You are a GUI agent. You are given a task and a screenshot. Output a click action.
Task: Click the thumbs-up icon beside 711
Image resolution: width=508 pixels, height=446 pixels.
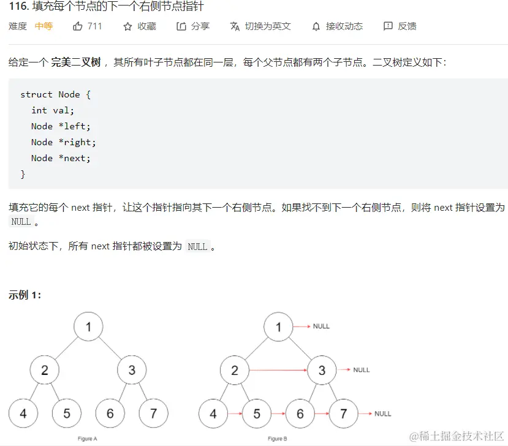pos(78,26)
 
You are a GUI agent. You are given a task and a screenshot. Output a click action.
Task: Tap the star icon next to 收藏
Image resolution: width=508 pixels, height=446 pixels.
pos(127,26)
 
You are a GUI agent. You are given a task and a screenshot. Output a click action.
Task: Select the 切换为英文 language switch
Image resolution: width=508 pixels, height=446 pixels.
pos(260,26)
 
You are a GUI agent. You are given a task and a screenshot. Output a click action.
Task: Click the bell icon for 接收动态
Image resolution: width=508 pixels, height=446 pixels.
pos(316,26)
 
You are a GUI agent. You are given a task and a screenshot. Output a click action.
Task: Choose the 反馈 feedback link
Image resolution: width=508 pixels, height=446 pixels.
pos(400,26)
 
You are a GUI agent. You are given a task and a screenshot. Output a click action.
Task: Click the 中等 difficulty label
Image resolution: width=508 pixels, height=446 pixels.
pos(44,26)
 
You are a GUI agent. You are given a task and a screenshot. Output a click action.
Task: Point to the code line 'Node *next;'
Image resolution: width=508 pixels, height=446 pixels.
pos(61,158)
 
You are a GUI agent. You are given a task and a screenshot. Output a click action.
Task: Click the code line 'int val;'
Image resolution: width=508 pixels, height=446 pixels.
pos(53,110)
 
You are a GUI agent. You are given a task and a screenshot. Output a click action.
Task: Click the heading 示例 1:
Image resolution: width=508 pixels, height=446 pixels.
pos(25,295)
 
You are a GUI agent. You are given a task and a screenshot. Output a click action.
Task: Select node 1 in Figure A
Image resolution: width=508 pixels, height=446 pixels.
pos(89,327)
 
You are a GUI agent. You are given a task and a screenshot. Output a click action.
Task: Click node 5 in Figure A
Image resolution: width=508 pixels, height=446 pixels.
pos(67,414)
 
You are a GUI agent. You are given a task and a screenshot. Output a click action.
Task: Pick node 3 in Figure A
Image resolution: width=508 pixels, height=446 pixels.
pos(132,370)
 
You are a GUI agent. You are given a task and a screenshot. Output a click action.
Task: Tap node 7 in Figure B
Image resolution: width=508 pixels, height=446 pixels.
pos(343,414)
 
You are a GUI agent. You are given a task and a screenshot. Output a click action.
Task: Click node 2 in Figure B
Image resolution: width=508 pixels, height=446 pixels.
pos(235,370)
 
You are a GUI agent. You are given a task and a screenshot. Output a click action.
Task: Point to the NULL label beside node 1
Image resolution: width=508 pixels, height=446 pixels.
pos(321,327)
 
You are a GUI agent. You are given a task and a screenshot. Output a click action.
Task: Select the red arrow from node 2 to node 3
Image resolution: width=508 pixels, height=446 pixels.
pos(278,370)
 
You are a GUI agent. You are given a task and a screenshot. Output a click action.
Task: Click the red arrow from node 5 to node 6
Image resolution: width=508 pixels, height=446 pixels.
pos(278,414)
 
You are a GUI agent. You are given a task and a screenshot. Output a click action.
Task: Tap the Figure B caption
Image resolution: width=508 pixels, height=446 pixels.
pos(277,439)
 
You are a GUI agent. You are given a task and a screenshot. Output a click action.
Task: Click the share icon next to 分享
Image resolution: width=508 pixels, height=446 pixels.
pos(181,26)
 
